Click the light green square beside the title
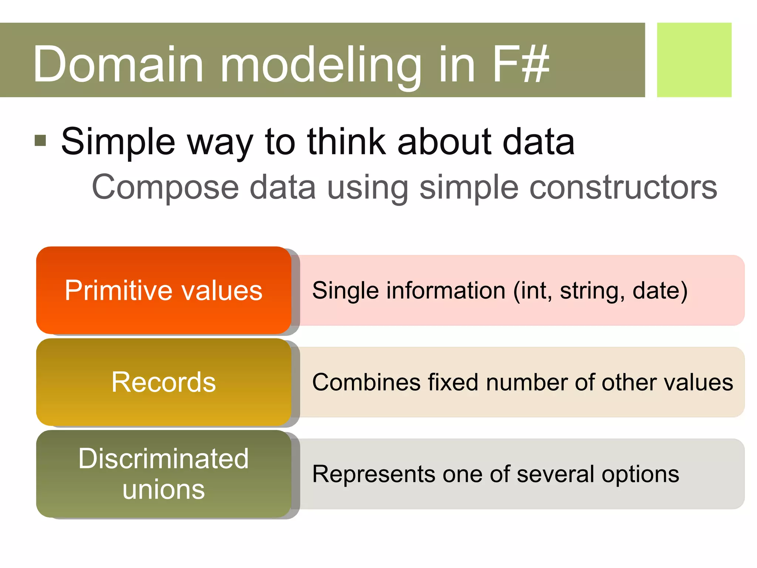point(694,60)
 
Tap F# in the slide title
point(521,64)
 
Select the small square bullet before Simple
point(40,141)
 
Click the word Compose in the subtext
point(166,187)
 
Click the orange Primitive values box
point(163,290)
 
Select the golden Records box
point(163,382)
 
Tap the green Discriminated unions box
point(163,474)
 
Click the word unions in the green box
point(163,489)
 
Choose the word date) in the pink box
point(660,290)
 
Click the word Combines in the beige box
point(366,382)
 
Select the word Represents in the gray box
point(374,474)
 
